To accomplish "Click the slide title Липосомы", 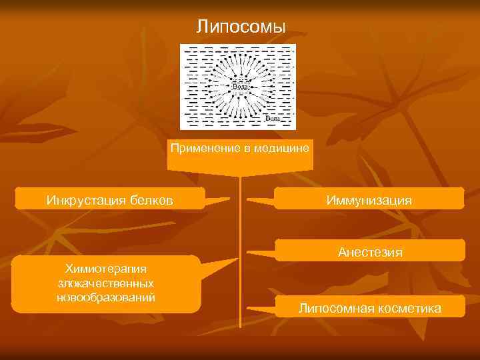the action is [241, 27].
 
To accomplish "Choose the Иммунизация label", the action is [369, 200].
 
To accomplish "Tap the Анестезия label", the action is [370, 252].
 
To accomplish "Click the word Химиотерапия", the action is [105, 269].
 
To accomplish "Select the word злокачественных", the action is [106, 283].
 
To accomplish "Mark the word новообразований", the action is [106, 297].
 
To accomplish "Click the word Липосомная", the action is [331, 308].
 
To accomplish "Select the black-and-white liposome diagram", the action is [238, 87].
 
